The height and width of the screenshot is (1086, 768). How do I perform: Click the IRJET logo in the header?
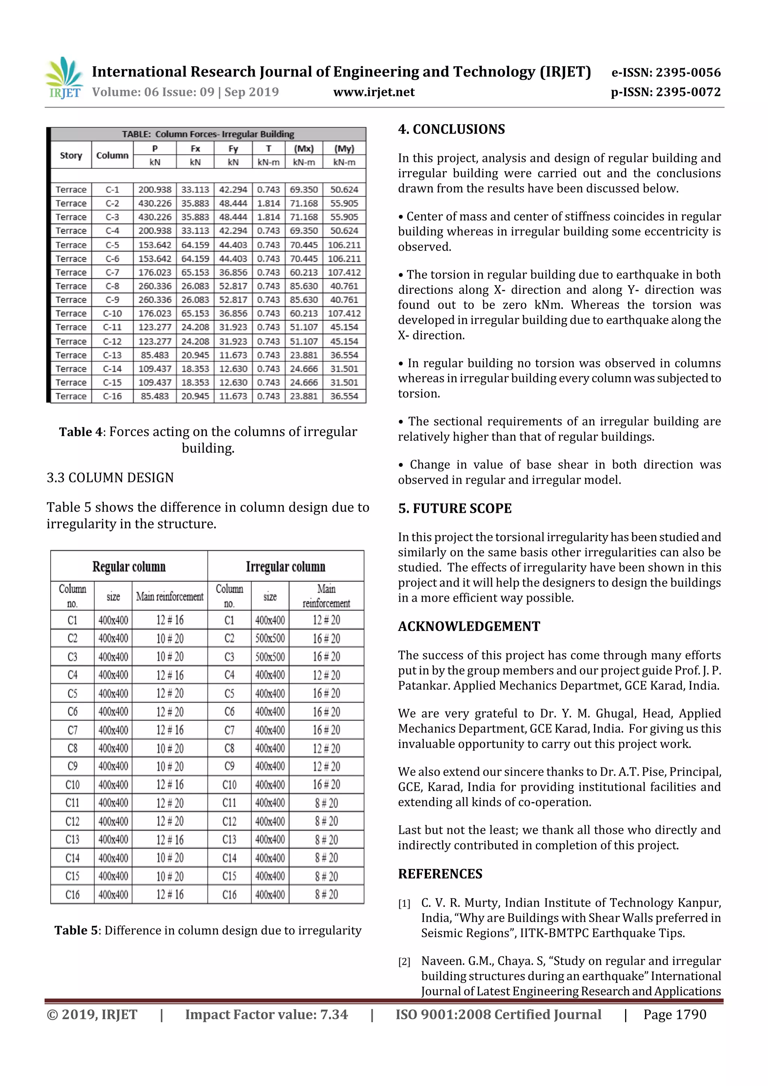[64, 78]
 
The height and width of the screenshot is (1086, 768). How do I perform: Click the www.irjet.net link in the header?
[374, 92]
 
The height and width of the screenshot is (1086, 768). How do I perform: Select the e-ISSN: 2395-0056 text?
[666, 72]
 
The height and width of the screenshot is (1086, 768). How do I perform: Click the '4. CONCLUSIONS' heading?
[451, 129]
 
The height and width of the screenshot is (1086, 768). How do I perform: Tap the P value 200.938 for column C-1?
[155, 190]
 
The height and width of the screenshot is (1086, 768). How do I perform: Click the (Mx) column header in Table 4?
[304, 148]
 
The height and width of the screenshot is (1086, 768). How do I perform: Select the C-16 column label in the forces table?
[112, 396]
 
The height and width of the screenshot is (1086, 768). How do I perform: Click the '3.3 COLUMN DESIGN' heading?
[110, 477]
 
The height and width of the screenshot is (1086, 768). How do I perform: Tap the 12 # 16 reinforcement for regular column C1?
[169, 620]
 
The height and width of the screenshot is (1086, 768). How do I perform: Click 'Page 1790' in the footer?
[674, 1014]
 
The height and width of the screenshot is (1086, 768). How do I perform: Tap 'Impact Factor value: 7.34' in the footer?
[266, 1014]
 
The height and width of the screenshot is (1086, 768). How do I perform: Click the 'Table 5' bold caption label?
[77, 930]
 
